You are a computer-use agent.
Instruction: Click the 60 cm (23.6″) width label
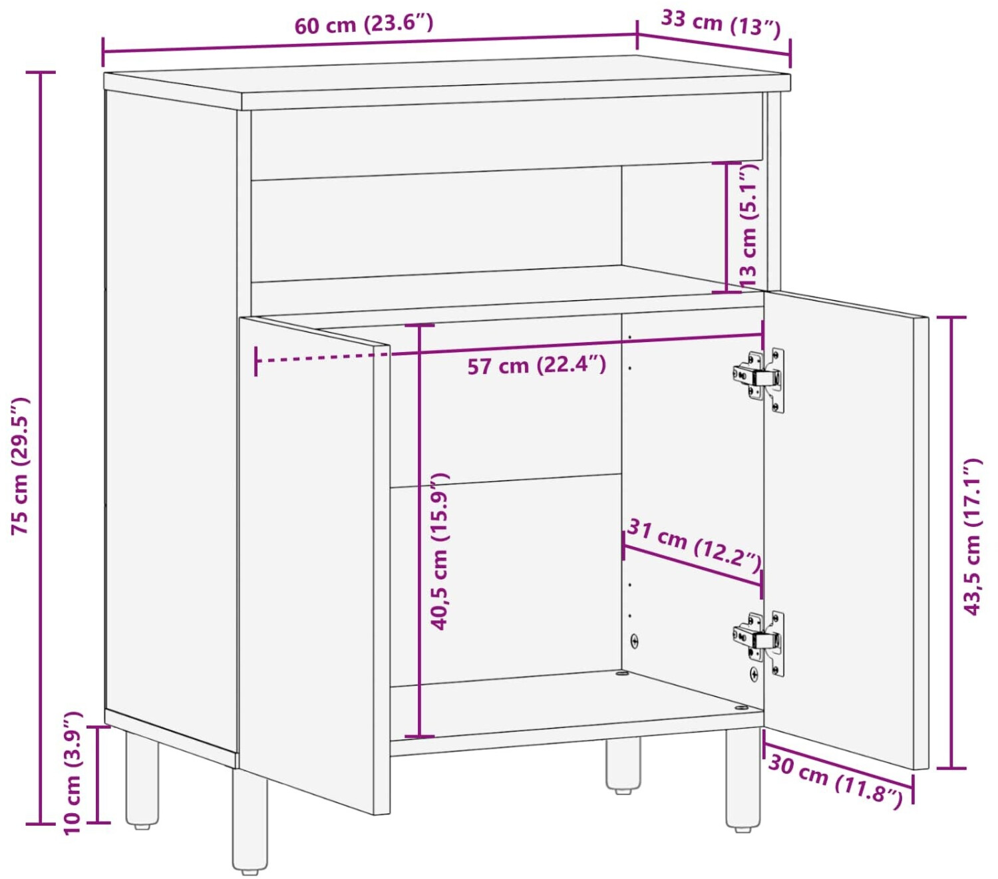point(363,24)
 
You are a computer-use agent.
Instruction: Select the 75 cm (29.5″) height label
point(21,465)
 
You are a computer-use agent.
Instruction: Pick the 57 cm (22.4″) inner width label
point(536,365)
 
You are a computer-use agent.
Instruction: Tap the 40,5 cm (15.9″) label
point(439,552)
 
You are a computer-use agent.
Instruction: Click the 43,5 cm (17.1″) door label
point(973,537)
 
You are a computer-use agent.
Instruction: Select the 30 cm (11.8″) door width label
point(836,783)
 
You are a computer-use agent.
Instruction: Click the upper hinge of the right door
point(758,380)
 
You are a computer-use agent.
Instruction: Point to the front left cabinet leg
point(250,820)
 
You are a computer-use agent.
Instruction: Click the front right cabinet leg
point(743,779)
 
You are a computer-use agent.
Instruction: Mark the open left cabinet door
point(314,565)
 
